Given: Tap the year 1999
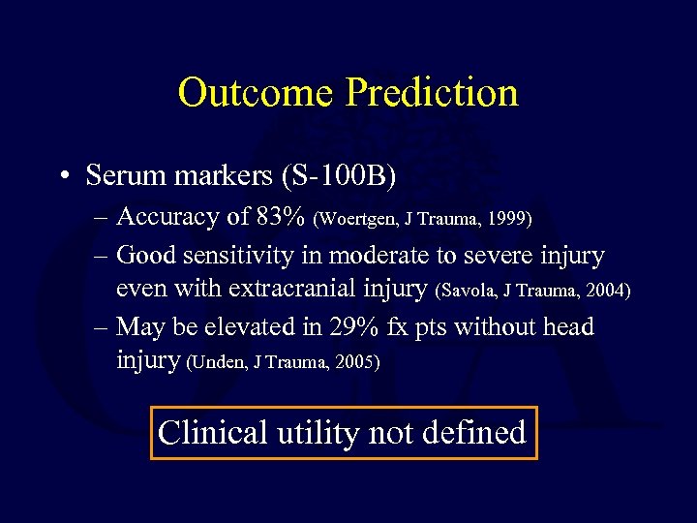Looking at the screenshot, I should tap(508, 219).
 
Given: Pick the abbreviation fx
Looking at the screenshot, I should tap(400, 327).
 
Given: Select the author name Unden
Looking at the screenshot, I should tap(217, 363).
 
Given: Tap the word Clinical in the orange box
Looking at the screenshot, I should tap(211, 432).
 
